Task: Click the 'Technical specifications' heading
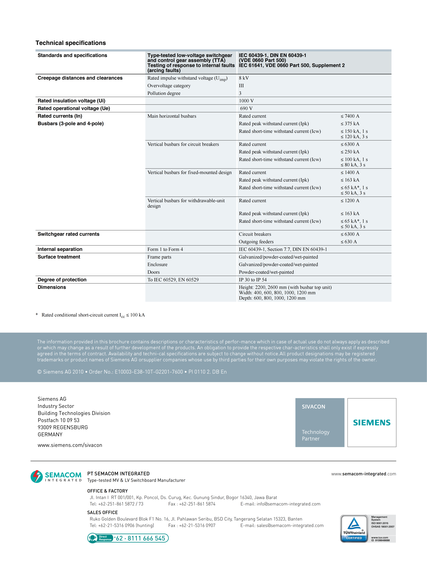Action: pos(71,43)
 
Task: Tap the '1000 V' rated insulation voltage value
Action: pos(246,101)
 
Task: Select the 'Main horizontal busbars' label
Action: pos(172,116)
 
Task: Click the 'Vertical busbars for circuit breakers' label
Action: pos(183,144)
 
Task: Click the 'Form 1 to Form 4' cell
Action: pos(165,249)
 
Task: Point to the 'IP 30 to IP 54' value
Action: pos(252,280)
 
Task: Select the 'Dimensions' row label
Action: pos(52,287)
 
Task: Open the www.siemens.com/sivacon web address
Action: pos(70,445)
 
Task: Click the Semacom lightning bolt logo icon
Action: pos(37,476)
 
